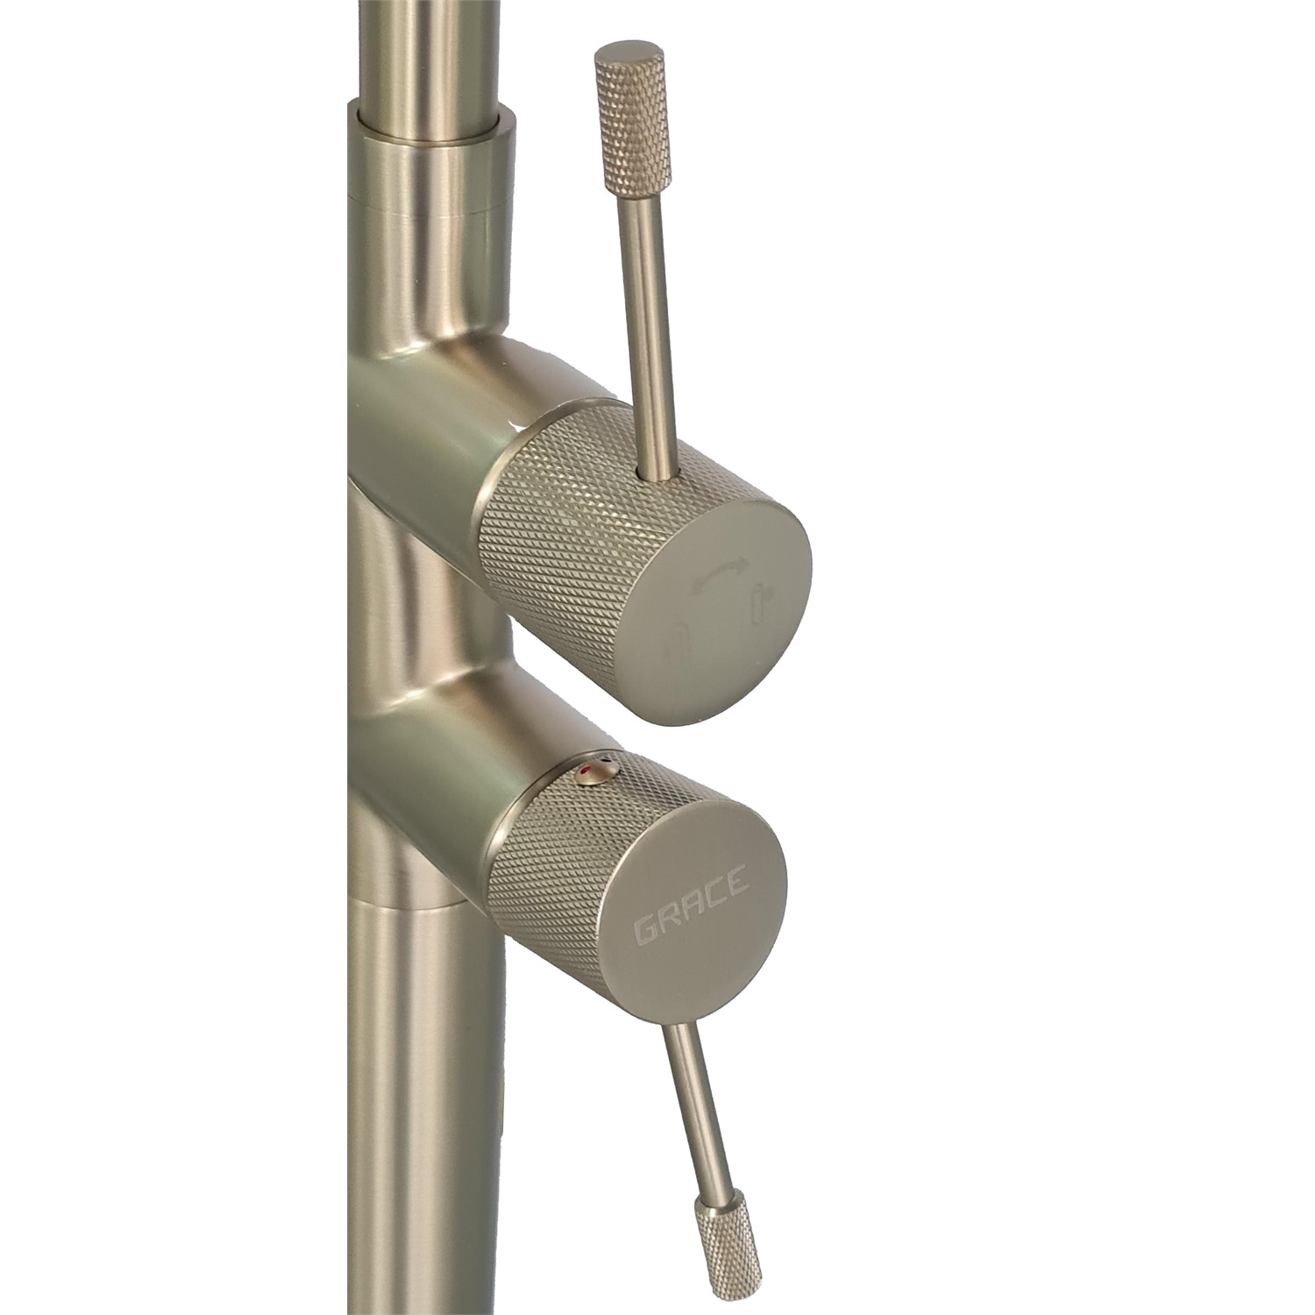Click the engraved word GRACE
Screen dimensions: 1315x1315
click(691, 905)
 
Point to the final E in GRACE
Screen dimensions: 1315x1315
click(737, 879)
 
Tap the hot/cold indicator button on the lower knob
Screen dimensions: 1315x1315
click(596, 771)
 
